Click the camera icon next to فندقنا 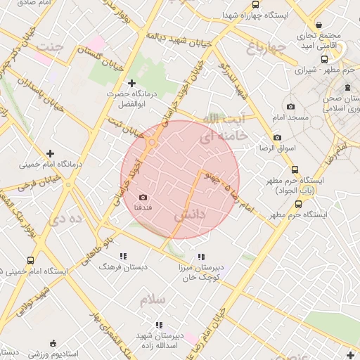pyautogui.click(x=143, y=198)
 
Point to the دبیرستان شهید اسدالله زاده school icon pyautogui.click(x=159, y=325)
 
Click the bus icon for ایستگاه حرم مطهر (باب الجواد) pyautogui.click(x=294, y=169)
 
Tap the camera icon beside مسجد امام pyautogui.click(x=290, y=106)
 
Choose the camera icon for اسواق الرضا pyautogui.click(x=277, y=137)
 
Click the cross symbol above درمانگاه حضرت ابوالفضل pyautogui.click(x=131, y=83)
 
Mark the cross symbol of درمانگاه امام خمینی pyautogui.click(x=50, y=153)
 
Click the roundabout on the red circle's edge pyautogui.click(x=151, y=143)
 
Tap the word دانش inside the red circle pyautogui.click(x=191, y=214)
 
